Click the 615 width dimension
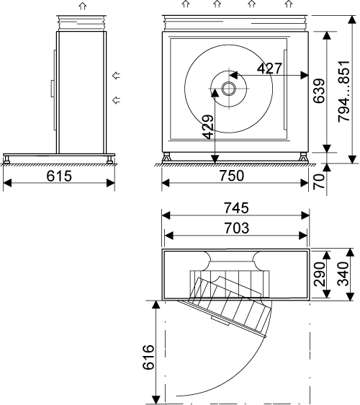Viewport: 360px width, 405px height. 59,176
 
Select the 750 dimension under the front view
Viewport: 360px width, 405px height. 232,176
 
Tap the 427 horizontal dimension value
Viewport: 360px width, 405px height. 269,68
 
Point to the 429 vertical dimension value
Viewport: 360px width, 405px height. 208,127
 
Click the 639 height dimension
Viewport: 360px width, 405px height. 319,91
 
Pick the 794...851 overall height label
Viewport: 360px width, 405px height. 343,92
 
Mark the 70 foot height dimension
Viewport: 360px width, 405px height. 319,182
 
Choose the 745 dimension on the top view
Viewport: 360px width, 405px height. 236,208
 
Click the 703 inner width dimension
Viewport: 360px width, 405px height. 237,228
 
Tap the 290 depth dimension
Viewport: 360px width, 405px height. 319,275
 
